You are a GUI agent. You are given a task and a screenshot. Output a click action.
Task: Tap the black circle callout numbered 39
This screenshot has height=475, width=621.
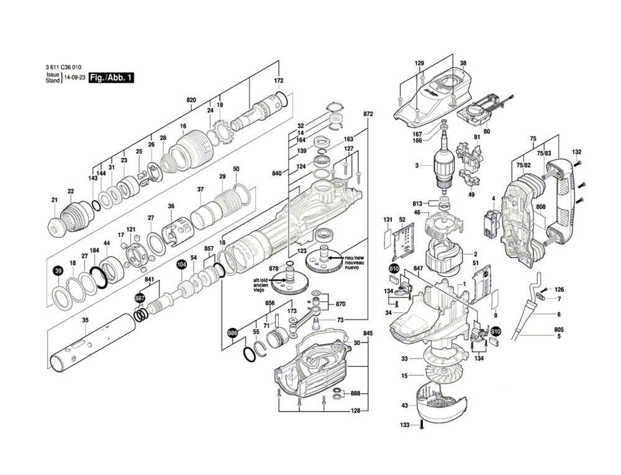[58, 271]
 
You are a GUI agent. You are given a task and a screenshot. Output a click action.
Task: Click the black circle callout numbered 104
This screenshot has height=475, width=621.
[181, 265]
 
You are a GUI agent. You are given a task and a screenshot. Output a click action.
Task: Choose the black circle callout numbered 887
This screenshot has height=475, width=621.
[140, 299]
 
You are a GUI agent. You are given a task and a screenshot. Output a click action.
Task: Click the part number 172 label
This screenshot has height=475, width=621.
[279, 81]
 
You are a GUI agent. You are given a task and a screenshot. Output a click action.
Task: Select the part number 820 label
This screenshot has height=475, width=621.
[191, 100]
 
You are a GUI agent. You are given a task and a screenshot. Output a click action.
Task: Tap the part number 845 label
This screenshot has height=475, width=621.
[368, 333]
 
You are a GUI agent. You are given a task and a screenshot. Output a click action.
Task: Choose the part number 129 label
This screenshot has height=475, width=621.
[419, 64]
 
